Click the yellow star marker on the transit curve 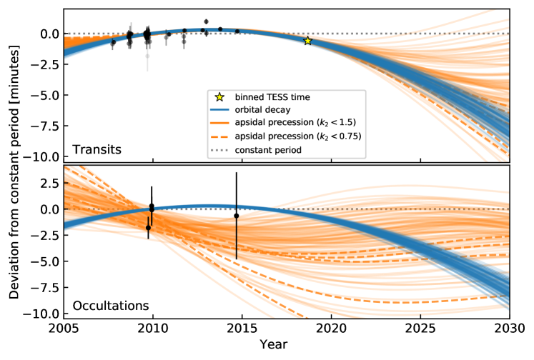(307, 41)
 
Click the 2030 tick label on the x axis (508, 329)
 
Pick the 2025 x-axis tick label (420, 329)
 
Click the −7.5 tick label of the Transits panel (45, 126)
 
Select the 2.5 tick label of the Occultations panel (49, 183)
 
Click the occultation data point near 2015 (237, 216)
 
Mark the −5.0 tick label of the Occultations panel (45, 261)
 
